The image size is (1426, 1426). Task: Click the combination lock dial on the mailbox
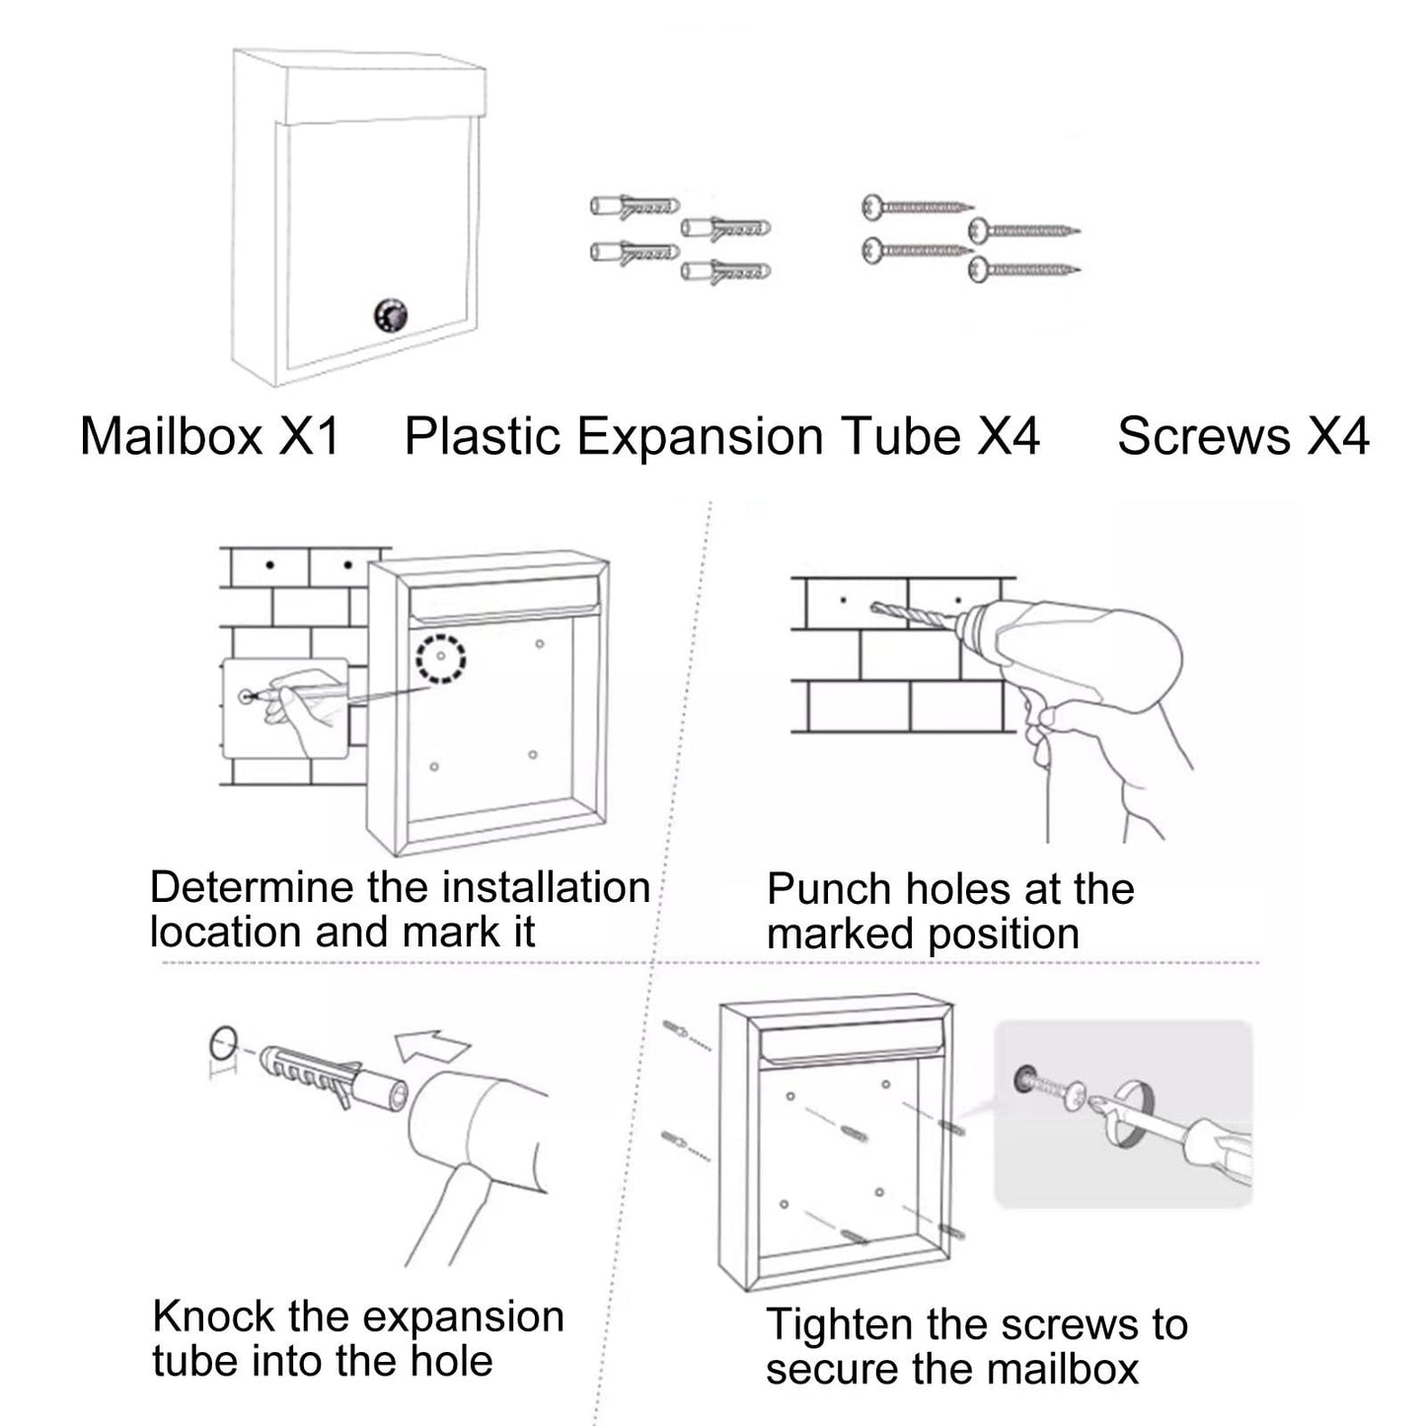click(x=390, y=316)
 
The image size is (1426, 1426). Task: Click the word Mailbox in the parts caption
click(x=171, y=436)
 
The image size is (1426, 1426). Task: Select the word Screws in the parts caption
click(x=1203, y=436)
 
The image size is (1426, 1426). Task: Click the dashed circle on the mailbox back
click(x=440, y=656)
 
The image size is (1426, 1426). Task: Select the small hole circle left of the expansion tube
click(x=224, y=1042)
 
